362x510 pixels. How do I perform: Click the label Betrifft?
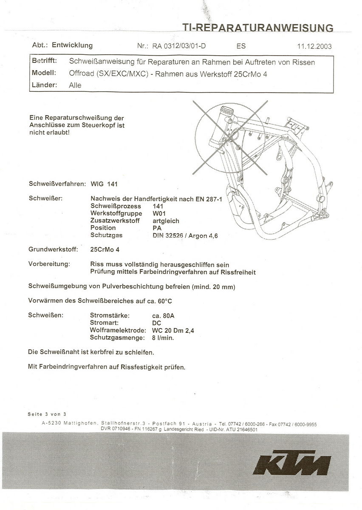point(45,61)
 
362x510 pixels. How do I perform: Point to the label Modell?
point(44,73)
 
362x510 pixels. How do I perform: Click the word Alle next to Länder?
point(75,85)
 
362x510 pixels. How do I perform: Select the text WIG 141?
point(104,184)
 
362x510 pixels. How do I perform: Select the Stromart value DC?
point(157,323)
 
